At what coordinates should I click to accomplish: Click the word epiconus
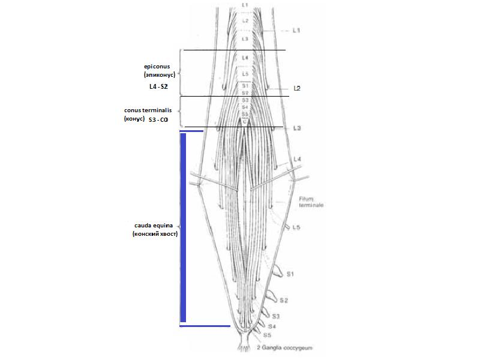click(159, 67)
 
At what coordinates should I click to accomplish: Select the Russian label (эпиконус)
click(160, 76)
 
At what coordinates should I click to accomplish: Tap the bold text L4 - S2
click(158, 87)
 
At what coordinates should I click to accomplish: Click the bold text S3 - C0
click(158, 120)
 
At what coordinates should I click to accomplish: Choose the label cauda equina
click(154, 225)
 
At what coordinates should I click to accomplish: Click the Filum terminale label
click(311, 202)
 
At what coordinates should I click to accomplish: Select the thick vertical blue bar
click(183, 227)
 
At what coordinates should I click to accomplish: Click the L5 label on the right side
click(296, 228)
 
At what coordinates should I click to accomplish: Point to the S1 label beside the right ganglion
click(289, 274)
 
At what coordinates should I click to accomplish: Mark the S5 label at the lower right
click(268, 335)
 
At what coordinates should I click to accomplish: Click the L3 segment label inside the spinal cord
click(244, 38)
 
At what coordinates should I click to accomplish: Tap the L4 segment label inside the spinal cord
click(244, 58)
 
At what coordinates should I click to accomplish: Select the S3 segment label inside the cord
click(245, 100)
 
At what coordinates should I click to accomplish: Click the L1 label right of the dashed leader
click(296, 29)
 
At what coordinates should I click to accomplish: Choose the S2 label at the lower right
click(284, 300)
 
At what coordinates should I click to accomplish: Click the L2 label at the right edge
click(297, 88)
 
